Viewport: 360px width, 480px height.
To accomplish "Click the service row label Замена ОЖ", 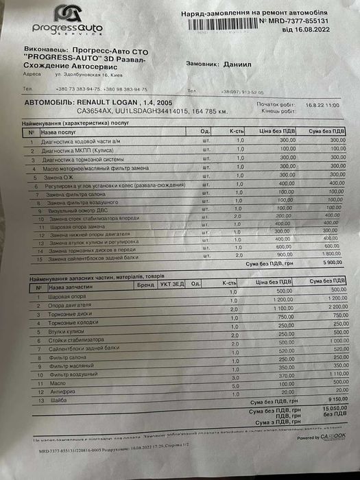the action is pos(56,177).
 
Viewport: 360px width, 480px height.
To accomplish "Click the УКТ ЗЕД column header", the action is pos(171,283).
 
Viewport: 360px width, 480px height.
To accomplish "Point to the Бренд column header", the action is pos(145,283).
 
